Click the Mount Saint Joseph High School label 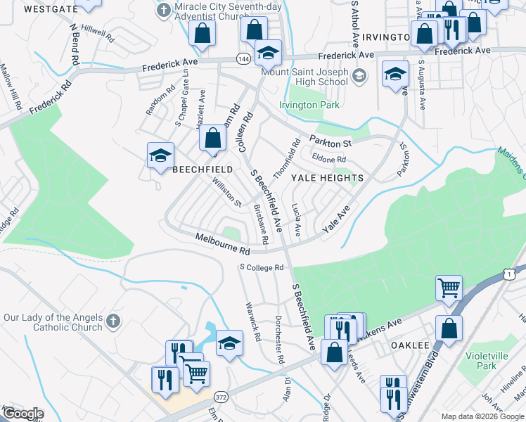click(304, 77)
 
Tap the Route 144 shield click(243, 58)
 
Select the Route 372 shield click(221, 397)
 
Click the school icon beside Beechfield click(160, 156)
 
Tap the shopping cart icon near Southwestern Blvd click(449, 287)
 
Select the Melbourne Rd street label click(223, 245)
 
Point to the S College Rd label click(261, 267)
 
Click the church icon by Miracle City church click(164, 11)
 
